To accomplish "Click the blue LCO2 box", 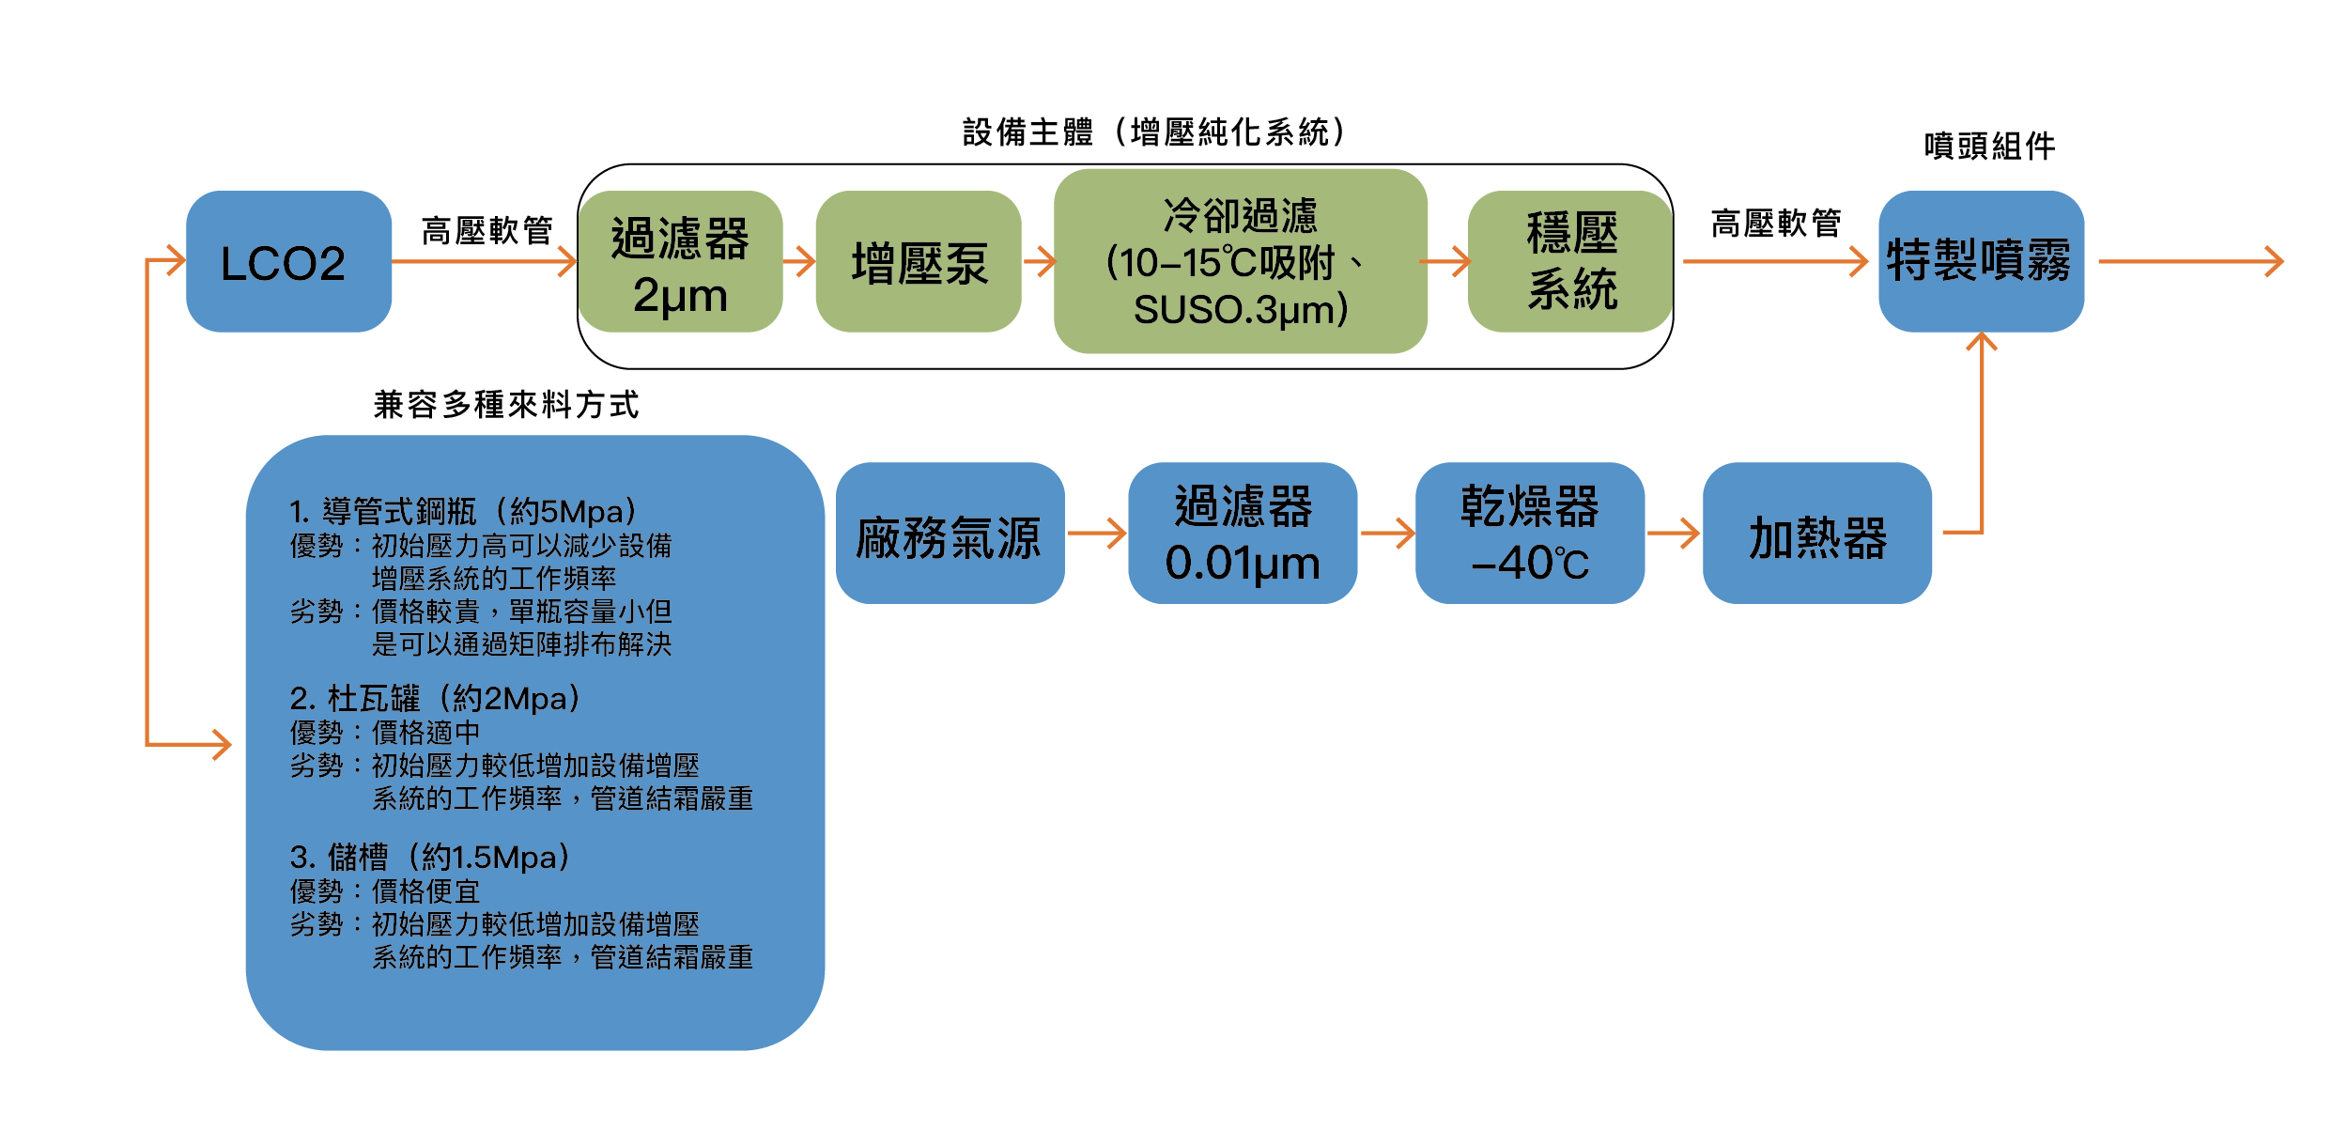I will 288,261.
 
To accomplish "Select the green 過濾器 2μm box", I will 680,262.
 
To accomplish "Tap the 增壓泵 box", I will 918,262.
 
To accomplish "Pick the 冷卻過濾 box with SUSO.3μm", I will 1240,262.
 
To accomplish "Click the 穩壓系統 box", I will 1570,262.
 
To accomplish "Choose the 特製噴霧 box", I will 1980,261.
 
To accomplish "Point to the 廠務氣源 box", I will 949,534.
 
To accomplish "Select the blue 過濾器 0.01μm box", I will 1242,534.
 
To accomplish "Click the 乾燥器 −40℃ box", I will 1529,534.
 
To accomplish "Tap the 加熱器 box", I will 1816,534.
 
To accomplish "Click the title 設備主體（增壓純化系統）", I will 1153,132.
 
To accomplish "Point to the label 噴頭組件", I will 1989,147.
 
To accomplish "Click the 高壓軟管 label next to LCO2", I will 486,230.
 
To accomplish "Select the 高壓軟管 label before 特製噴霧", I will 1774,224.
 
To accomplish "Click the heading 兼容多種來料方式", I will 505,405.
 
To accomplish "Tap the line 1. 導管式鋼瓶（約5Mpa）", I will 464,512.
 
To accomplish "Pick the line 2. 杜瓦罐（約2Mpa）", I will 436,699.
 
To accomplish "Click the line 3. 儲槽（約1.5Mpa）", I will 430,858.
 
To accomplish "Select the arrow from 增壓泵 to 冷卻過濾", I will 1039,261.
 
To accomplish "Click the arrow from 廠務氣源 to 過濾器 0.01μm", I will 1096,534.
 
